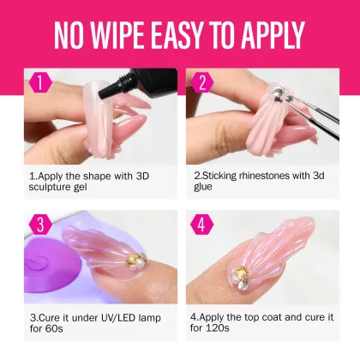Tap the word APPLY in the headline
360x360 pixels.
click(265, 36)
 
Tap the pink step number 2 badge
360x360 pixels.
click(202, 83)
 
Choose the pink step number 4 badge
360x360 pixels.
click(202, 225)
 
